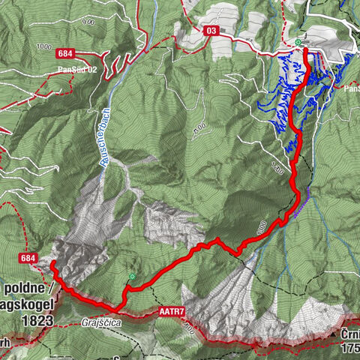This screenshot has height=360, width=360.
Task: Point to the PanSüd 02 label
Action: pyautogui.click(x=77, y=70)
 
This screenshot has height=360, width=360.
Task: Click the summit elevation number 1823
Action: pyautogui.click(x=38, y=320)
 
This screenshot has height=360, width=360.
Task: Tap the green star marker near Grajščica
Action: pyautogui.click(x=132, y=277)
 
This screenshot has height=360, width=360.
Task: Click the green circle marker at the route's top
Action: pyautogui.click(x=299, y=42)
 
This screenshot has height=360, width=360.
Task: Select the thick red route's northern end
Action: pyautogui.click(x=305, y=51)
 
